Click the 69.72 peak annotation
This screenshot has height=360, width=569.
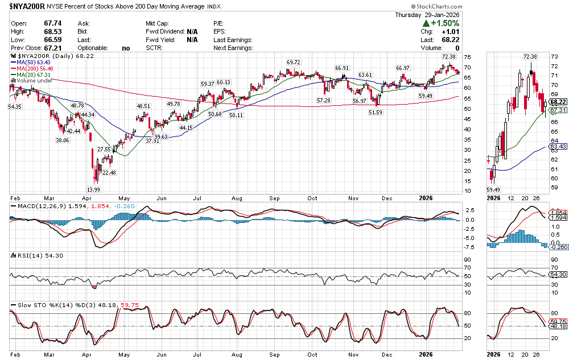point(294,62)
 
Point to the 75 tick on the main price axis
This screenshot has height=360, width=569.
point(467,57)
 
